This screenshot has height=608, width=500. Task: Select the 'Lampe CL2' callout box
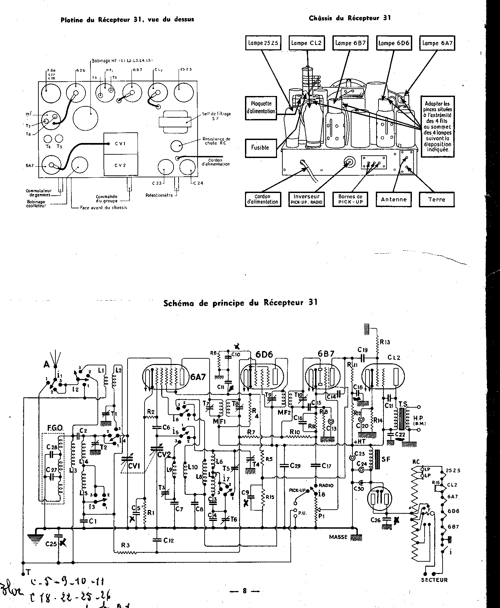pyautogui.click(x=306, y=43)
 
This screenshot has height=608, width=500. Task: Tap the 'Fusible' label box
pyautogui.click(x=260, y=147)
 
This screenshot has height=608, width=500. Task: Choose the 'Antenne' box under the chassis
pyautogui.click(x=394, y=199)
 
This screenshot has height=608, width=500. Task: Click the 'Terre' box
pyautogui.click(x=436, y=199)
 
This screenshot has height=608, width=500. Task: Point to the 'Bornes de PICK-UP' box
pyautogui.click(x=350, y=199)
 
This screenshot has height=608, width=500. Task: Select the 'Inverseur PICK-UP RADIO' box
pyautogui.click(x=306, y=199)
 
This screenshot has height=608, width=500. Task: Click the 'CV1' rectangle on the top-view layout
pyautogui.click(x=120, y=144)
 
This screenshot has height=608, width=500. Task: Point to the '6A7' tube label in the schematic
pyautogui.click(x=198, y=377)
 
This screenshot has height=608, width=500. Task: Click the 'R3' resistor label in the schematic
pyautogui.click(x=125, y=546)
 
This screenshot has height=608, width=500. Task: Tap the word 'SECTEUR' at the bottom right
pyautogui.click(x=434, y=580)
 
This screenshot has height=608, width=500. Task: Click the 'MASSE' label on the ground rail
pyautogui.click(x=338, y=537)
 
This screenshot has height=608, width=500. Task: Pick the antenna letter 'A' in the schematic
pyautogui.click(x=46, y=365)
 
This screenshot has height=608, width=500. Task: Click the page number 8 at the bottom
pyautogui.click(x=245, y=591)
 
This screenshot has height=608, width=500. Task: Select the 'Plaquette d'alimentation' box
pyautogui.click(x=261, y=107)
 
